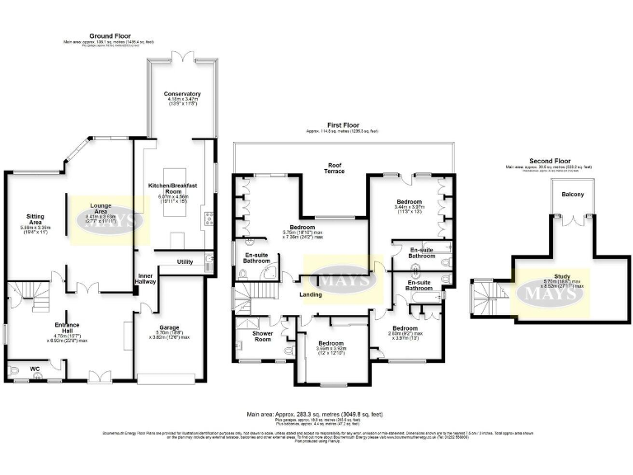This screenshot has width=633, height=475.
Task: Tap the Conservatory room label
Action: coord(182,94)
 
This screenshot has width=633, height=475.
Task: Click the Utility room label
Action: coord(185,261)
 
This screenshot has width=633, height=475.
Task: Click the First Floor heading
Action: coord(340,126)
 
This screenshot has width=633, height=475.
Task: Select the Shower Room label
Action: coord(262,335)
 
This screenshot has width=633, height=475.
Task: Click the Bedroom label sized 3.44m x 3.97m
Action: coord(409,202)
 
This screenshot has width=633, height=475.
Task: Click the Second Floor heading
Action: coord(550,162)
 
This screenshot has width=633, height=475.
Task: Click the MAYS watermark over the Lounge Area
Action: coord(103,221)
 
